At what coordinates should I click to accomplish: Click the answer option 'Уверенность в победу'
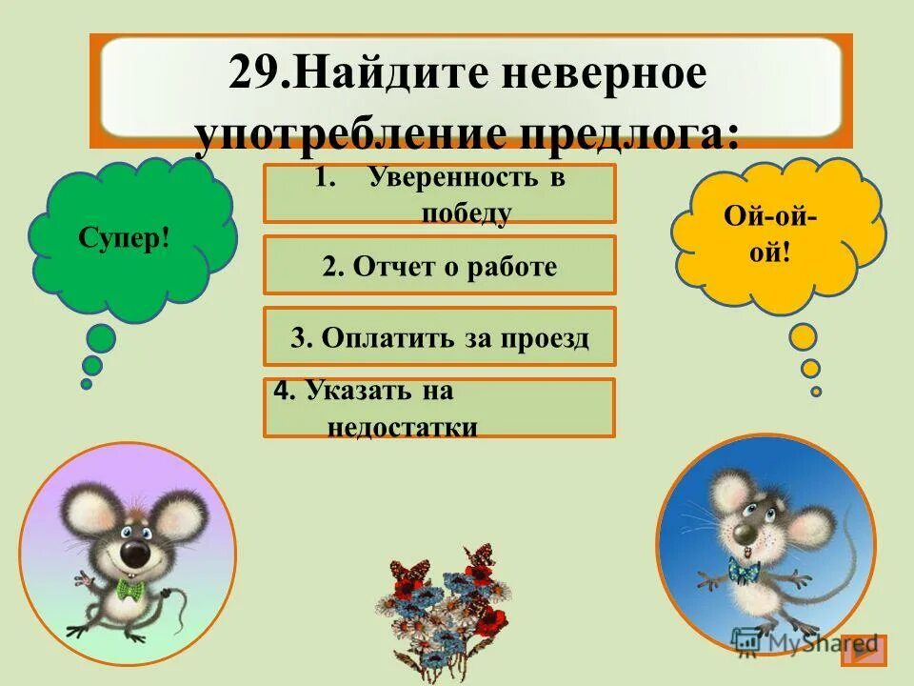pyautogui.click(x=439, y=193)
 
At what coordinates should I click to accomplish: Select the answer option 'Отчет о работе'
pyautogui.click(x=439, y=266)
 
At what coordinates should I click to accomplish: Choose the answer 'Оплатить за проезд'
pyautogui.click(x=439, y=336)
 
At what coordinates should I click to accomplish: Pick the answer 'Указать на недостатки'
pyautogui.click(x=439, y=408)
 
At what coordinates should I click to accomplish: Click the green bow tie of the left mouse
pyautogui.click(x=129, y=589)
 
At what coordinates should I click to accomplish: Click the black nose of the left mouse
pyautogui.click(x=134, y=554)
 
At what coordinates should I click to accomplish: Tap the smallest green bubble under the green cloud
pyautogui.click(x=86, y=384)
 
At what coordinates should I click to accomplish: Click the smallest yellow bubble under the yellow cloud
pyautogui.click(x=816, y=391)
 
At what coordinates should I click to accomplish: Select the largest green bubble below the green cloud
pyautogui.click(x=100, y=337)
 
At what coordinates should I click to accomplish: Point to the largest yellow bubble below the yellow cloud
pyautogui.click(x=804, y=336)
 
